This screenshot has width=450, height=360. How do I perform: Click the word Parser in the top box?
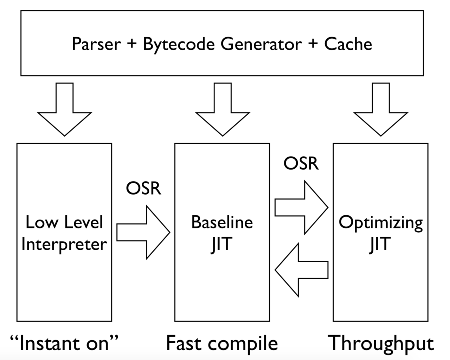[96, 44]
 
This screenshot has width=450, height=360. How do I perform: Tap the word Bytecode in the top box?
[179, 45]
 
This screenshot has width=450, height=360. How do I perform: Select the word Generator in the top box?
[261, 44]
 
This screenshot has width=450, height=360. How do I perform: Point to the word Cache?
[348, 44]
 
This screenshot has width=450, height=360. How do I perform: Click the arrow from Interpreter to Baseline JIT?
[143, 232]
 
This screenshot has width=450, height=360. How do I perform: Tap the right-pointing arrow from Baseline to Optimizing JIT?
[301, 207]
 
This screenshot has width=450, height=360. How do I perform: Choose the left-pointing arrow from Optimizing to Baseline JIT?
[301, 270]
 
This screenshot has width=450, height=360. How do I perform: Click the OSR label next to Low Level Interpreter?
[144, 188]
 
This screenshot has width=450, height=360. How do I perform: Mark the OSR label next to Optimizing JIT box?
[301, 163]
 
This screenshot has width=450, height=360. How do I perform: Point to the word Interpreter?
[64, 244]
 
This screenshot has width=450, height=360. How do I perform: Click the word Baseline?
[222, 222]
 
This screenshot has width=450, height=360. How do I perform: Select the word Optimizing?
[381, 223]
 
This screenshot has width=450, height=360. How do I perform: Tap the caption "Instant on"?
[64, 343]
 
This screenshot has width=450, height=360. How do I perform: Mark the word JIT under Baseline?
[221, 245]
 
